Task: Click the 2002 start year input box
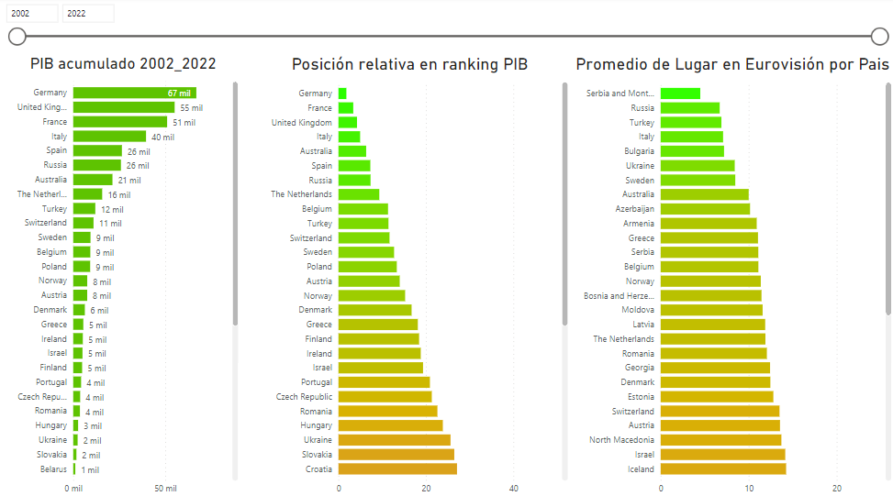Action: (x=31, y=13)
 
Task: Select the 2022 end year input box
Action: (x=88, y=13)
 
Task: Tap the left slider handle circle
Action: (x=17, y=37)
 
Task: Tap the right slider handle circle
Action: (x=879, y=37)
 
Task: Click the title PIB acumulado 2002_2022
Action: (x=123, y=64)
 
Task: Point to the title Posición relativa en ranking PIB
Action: (x=409, y=64)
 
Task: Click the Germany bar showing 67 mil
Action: (x=134, y=93)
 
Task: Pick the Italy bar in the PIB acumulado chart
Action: (x=109, y=137)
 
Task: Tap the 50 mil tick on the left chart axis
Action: (x=165, y=488)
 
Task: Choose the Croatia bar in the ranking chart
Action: (x=397, y=469)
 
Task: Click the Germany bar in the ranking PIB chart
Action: (x=342, y=94)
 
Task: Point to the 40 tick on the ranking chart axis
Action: (x=514, y=488)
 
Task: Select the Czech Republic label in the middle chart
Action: (x=304, y=397)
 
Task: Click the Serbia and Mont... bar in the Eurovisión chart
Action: (x=680, y=94)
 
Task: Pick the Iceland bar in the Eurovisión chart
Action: (x=723, y=469)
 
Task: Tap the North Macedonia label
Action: (x=621, y=440)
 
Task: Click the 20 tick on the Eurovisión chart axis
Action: (x=837, y=488)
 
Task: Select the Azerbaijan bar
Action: (x=705, y=209)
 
